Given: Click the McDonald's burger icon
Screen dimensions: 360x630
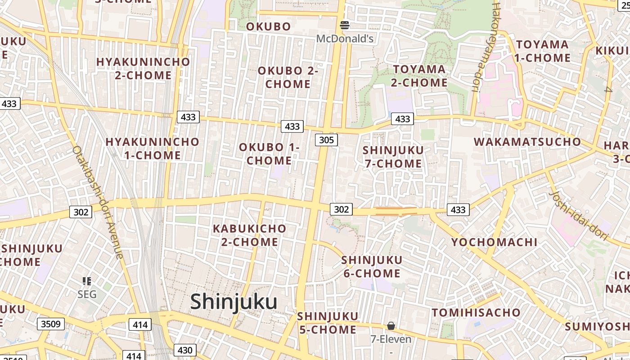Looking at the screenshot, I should [345, 25].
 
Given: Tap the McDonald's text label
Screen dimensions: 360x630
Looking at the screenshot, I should [345, 39].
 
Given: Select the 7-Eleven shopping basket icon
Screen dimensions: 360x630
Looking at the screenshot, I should [391, 326].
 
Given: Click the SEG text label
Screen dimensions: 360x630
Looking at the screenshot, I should [87, 294].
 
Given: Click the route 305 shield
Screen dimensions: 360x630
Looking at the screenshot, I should [326, 140].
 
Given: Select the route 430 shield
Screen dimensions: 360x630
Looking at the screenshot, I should [185, 350].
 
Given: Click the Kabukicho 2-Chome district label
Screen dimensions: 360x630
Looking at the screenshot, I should [249, 235].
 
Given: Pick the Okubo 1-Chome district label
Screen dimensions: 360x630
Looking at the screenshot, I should [269, 154].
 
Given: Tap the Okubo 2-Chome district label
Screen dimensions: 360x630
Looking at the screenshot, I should [288, 77].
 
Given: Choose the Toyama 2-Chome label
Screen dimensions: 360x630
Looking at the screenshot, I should [419, 76].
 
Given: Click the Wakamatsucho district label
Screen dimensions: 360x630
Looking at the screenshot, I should [527, 142].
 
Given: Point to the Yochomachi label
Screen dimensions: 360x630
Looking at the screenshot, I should [494, 242].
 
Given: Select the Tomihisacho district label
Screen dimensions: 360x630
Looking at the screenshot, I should [476, 312].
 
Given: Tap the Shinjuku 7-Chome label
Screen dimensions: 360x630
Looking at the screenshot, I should [393, 157].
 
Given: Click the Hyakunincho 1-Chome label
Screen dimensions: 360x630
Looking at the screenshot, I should [152, 148].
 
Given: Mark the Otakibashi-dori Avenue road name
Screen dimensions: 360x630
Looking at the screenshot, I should [98, 202].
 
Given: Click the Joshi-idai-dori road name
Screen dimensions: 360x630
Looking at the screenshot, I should [579, 215].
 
